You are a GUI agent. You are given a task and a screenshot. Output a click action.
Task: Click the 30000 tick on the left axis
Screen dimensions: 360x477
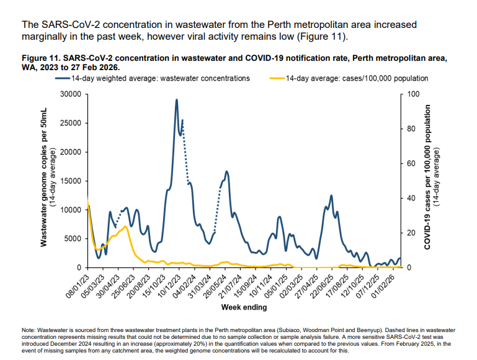point(72,94)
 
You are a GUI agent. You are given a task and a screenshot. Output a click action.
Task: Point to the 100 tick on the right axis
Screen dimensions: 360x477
point(412,94)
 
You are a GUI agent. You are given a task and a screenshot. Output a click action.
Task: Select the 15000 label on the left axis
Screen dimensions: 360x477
point(72,181)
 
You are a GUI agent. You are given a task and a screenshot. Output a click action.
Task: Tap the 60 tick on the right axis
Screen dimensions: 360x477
point(410,164)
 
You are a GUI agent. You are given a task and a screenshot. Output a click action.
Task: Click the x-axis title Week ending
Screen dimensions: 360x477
point(244,307)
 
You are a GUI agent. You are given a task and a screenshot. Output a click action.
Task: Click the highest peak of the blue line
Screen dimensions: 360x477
point(177,99)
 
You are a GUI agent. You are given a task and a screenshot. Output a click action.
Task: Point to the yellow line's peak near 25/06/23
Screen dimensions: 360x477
point(125,227)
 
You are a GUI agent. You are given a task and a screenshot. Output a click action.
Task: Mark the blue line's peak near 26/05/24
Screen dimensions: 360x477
point(227,171)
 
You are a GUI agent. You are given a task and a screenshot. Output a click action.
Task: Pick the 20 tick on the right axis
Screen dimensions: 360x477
point(410,233)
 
